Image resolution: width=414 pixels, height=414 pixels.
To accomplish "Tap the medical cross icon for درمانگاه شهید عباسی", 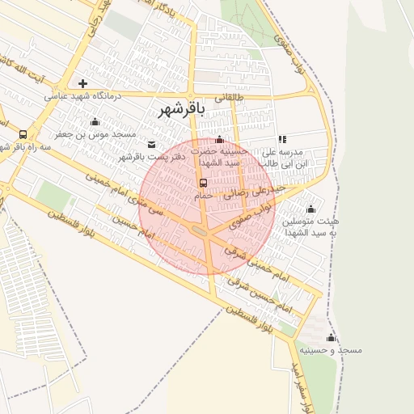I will pos(82,83).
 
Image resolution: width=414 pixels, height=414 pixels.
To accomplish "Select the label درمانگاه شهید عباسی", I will pos(82,96).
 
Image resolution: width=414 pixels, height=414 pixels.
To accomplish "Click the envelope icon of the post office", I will pos(152,144).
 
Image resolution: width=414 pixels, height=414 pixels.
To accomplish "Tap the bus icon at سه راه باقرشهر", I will pos(23,134).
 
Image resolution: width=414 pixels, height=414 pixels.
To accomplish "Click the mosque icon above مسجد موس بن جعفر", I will pos(95,122).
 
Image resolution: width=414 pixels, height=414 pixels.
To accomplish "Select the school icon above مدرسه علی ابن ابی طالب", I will pos(281,140).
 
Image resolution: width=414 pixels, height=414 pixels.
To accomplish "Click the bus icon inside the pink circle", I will pos(203,183).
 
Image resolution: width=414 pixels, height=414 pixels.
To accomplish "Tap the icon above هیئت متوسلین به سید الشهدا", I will pos(310,209).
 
